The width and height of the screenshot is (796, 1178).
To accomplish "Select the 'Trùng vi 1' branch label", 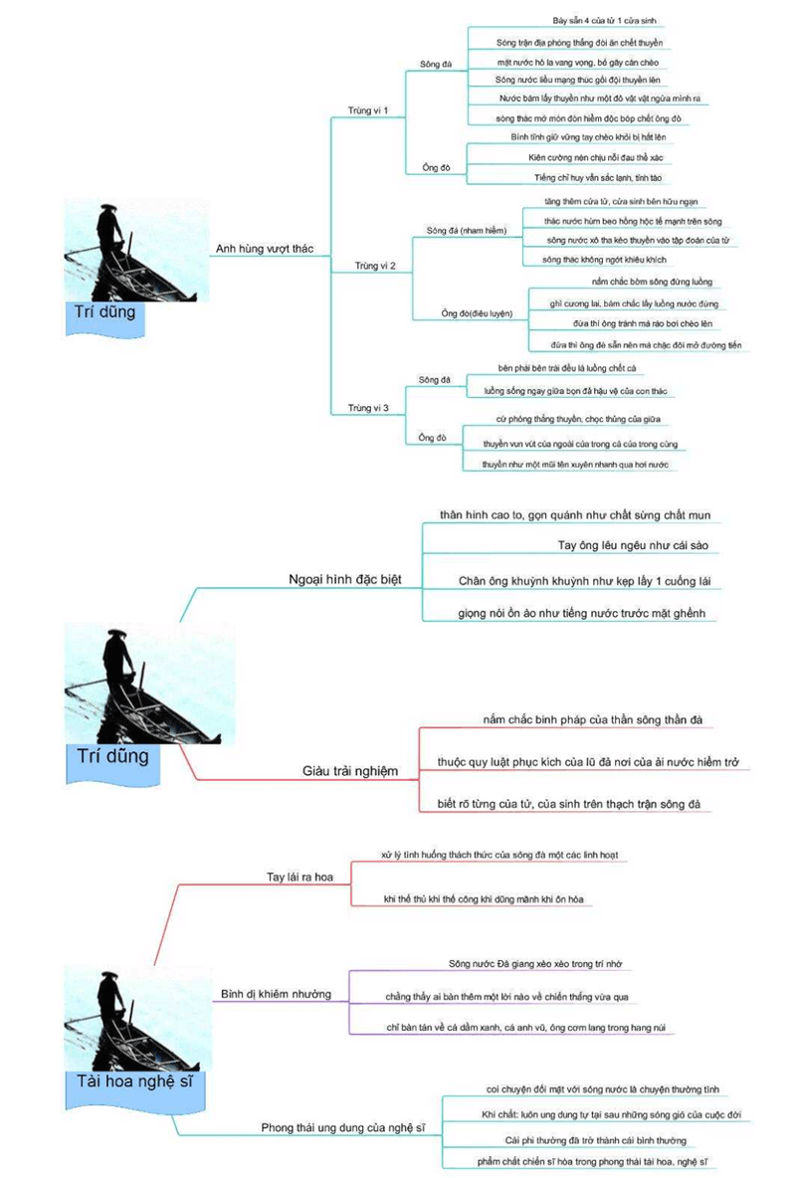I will (x=368, y=109).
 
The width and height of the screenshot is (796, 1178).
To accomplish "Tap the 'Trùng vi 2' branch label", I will (x=376, y=266).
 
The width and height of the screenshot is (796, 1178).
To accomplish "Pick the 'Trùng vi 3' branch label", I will (x=368, y=408).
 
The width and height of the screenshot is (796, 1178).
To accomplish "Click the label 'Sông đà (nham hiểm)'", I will (x=467, y=230).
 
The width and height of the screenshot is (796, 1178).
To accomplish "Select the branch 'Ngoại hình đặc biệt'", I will (x=344, y=579).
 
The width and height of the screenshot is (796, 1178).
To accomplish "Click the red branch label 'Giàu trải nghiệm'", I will (x=349, y=770).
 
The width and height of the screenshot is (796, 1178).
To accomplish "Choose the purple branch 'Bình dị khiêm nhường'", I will (x=277, y=994).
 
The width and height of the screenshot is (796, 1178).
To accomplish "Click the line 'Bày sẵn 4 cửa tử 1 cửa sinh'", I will (x=604, y=20).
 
